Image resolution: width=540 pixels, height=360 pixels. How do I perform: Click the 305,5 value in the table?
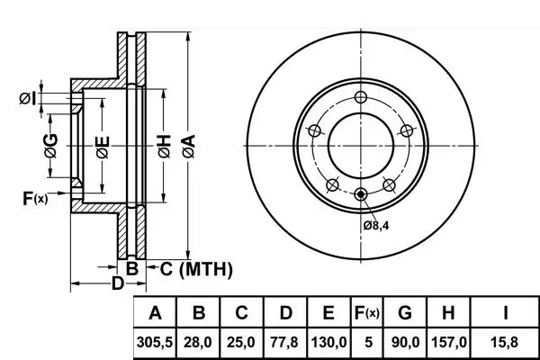pyautogui.click(x=155, y=342)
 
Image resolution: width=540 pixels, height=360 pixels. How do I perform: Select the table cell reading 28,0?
pyautogui.click(x=198, y=342)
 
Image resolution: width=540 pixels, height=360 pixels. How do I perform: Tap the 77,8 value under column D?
pyautogui.click(x=284, y=342)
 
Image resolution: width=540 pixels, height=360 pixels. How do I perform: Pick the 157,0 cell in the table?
pyautogui.click(x=449, y=342)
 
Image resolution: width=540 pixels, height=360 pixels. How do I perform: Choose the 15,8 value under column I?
pyautogui.click(x=504, y=342)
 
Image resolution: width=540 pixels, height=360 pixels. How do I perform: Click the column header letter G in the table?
pyautogui.click(x=405, y=313)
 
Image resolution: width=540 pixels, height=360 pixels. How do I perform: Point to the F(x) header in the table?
pyautogui.click(x=367, y=313)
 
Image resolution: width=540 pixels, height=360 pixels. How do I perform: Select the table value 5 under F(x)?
pyautogui.click(x=368, y=342)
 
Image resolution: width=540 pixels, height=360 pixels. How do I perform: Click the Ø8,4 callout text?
pyautogui.click(x=376, y=226)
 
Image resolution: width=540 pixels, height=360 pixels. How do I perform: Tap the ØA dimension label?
pyautogui.click(x=189, y=146)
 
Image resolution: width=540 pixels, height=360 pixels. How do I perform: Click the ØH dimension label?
pyautogui.click(x=165, y=146)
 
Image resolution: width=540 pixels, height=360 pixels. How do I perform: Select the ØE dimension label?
pyautogui.click(x=103, y=148)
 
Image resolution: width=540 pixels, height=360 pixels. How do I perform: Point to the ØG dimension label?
pyautogui.click(x=51, y=146)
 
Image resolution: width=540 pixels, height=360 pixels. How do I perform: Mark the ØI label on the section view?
pyautogui.click(x=28, y=99)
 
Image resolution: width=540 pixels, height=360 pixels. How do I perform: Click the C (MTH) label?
pyautogui.click(x=196, y=269)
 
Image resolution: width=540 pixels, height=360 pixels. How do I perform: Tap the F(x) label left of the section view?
pyautogui.click(x=35, y=198)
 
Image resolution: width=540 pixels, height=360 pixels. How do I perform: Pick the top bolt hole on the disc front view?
pyautogui.click(x=361, y=97)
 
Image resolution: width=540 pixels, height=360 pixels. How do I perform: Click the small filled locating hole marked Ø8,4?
pyautogui.click(x=361, y=194)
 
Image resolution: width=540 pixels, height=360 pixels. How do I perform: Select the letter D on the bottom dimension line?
pyautogui.click(x=117, y=283)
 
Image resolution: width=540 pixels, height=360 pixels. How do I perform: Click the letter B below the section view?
pyautogui.click(x=132, y=269)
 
